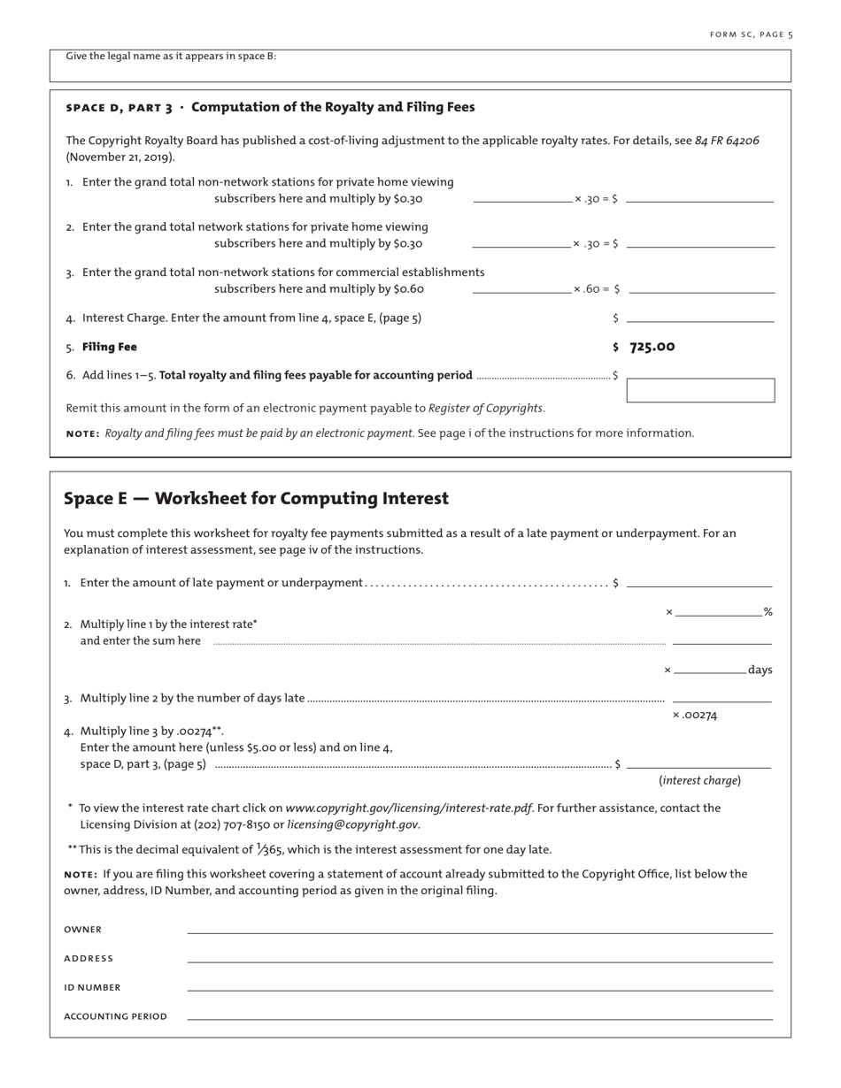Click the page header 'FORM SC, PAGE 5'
tap(751, 34)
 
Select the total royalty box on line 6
tap(700, 390)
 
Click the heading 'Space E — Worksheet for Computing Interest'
tap(256, 499)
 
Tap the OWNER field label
tap(82, 930)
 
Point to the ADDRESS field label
tap(89, 959)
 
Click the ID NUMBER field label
tap(92, 988)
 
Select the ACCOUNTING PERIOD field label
tap(115, 1017)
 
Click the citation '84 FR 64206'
tap(727, 141)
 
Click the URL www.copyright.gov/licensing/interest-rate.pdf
tap(408, 808)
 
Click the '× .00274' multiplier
tap(694, 716)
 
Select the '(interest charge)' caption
tap(699, 780)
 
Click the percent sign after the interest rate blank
tap(768, 612)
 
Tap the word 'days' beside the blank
tap(760, 670)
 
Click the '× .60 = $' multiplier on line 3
tap(596, 289)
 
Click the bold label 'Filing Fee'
tap(110, 347)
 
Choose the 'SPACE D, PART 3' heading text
tap(119, 108)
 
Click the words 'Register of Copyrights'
tap(485, 408)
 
